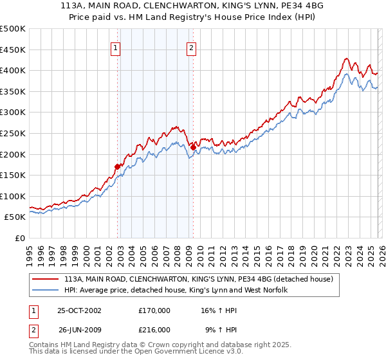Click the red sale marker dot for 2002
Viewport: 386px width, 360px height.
pyautogui.click(x=118, y=166)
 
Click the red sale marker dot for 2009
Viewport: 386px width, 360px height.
pyautogui.click(x=193, y=147)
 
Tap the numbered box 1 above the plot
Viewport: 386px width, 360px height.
pyautogui.click(x=115, y=47)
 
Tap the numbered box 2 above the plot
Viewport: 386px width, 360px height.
pyautogui.click(x=192, y=47)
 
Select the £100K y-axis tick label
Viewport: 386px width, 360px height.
pyautogui.click(x=13, y=196)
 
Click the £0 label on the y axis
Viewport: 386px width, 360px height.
pyautogui.click(x=19, y=238)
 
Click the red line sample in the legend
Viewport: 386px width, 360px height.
pyautogui.click(x=46, y=280)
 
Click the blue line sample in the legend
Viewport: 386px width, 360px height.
pyautogui.click(x=46, y=291)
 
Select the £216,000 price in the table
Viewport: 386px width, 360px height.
pyautogui.click(x=154, y=330)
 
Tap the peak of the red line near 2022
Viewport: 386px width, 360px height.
pyautogui.click(x=346, y=59)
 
